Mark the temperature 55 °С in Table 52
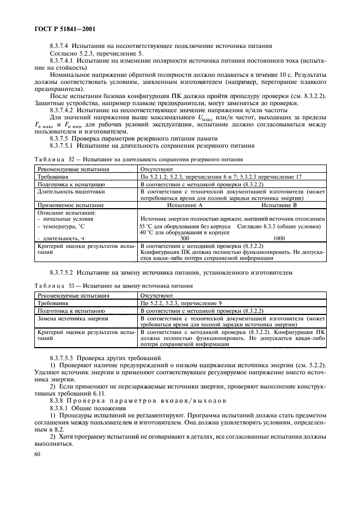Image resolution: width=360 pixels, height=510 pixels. (148, 226)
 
